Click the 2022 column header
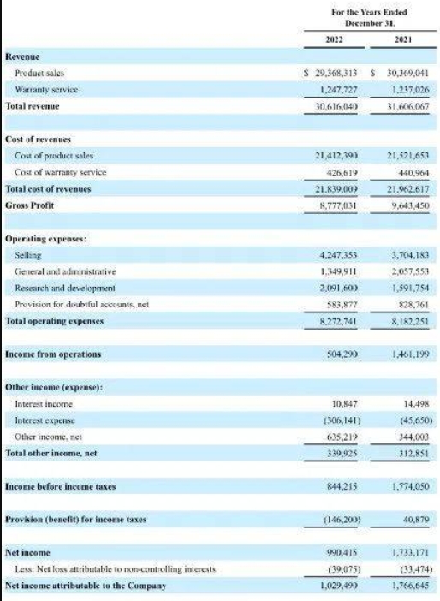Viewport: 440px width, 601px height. pyautogui.click(x=334, y=39)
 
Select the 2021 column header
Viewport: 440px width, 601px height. pyautogui.click(x=403, y=39)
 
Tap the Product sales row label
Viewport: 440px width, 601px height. pyautogui.click(x=39, y=73)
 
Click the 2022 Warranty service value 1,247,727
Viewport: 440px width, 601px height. pyautogui.click(x=338, y=90)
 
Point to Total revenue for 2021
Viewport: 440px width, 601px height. pyautogui.click(x=408, y=106)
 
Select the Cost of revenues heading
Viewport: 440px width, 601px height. pyautogui.click(x=38, y=140)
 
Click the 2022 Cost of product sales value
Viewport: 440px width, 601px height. pyautogui.click(x=336, y=156)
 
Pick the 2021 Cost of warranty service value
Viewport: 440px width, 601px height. pyautogui.click(x=413, y=172)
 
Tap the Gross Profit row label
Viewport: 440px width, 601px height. pyautogui.click(x=29, y=205)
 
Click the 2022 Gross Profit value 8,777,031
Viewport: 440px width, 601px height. pyautogui.click(x=338, y=205)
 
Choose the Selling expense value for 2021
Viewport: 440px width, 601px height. pyautogui.click(x=410, y=255)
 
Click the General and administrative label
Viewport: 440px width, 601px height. pyautogui.click(x=65, y=271)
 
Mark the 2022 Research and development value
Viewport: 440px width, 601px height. pyautogui.click(x=339, y=288)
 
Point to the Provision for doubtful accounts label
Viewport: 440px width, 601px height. pyautogui.click(x=81, y=305)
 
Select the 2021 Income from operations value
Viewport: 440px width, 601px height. pyautogui.click(x=410, y=354)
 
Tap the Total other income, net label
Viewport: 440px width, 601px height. pyautogui.click(x=51, y=454)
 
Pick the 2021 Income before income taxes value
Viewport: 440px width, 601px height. pyautogui.click(x=411, y=486)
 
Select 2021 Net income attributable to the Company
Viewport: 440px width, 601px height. pyautogui.click(x=411, y=586)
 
